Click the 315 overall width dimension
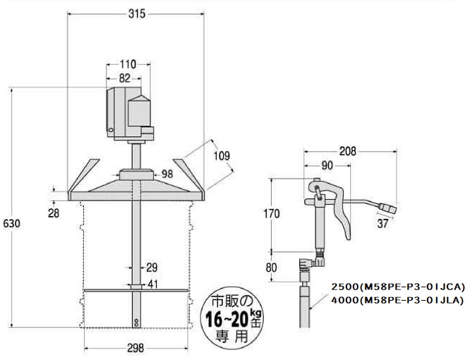coord(137,14)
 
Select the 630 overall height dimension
coord(11,224)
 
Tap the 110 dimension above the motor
coord(128,64)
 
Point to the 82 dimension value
coord(124,78)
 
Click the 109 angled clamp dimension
coord(222,156)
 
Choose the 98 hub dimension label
coord(167,174)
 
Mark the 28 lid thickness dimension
coord(54,213)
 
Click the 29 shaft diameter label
coord(152,268)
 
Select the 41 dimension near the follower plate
coord(152,284)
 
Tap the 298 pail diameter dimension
coord(135,348)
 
